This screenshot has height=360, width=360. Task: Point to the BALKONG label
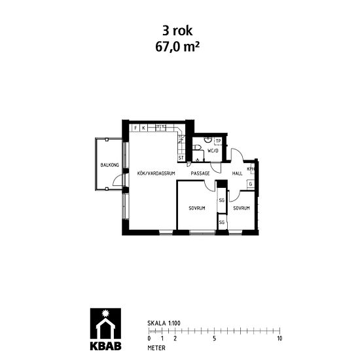109,166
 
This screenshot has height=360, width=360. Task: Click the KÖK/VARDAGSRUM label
154,173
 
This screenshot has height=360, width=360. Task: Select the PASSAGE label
200,173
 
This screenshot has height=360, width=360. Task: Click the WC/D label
212,151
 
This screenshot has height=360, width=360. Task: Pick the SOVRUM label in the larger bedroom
197,208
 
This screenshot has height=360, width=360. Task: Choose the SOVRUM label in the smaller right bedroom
241,208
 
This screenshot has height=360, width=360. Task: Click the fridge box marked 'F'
136,128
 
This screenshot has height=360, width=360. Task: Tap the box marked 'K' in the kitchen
144,128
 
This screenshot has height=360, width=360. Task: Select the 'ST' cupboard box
181,158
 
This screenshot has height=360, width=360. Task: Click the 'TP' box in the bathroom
219,141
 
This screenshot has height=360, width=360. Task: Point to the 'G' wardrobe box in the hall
250,184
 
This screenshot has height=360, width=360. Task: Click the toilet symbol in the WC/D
206,139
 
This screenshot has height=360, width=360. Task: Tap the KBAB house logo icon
104,323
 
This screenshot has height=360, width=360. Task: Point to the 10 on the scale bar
279,338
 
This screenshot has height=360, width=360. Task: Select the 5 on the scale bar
214,338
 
